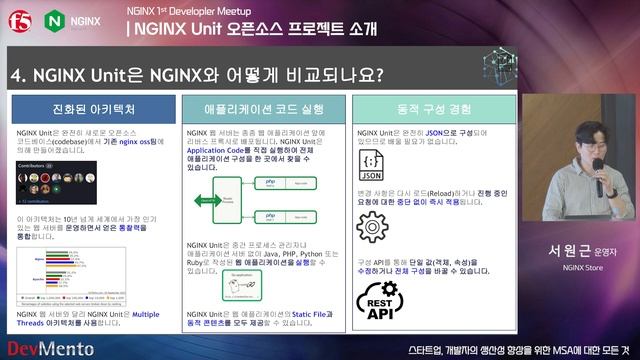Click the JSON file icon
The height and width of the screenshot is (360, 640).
coord(372,165)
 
